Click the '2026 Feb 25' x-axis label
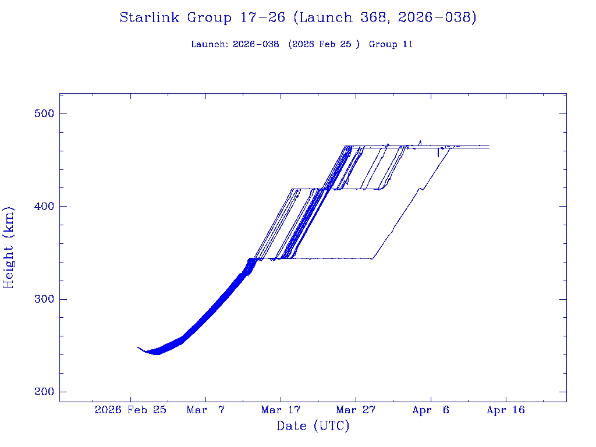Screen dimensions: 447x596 tap(130, 410)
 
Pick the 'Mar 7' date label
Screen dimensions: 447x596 tap(205, 410)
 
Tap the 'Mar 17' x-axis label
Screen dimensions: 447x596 tap(281, 410)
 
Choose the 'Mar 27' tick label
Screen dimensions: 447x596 tap(355, 410)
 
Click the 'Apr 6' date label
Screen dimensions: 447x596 tap(431, 410)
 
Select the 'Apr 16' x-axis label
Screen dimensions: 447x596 tap(505, 410)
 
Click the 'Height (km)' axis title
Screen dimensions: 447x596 tap(9, 247)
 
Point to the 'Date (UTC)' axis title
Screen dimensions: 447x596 tap(313, 427)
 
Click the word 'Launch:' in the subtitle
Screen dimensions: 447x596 tap(210, 44)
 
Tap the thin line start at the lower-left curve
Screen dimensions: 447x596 tap(139, 347)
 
